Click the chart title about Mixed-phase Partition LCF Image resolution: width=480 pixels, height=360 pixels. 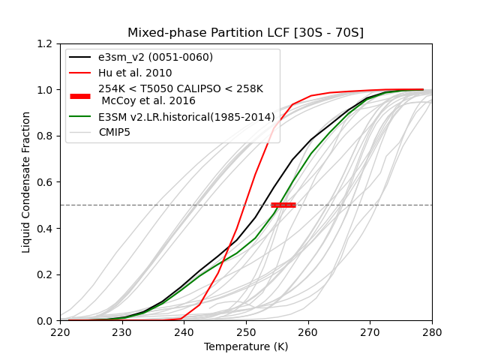[245, 33]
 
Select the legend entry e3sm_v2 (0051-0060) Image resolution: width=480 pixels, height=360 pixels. [155, 58]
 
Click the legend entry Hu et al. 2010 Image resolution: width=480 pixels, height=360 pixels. [135, 73]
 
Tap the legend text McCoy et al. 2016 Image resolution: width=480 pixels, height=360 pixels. [148, 101]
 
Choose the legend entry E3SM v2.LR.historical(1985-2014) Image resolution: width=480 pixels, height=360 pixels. [187, 117]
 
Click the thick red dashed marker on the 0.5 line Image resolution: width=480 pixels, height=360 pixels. [283, 205]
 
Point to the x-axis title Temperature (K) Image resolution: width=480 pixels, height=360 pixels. [245, 347]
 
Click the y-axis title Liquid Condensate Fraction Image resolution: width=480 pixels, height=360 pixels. [27, 182]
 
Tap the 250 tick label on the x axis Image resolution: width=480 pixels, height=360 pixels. [246, 331]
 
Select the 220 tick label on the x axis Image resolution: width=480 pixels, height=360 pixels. [60, 331]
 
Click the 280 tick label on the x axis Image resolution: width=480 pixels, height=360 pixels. [432, 331]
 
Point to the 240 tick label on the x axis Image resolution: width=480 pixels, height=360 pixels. [184, 331]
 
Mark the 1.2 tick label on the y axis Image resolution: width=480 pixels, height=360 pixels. [45, 43]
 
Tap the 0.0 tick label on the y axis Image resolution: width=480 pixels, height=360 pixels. [45, 321]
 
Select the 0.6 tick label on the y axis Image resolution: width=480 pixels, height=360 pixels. [45, 182]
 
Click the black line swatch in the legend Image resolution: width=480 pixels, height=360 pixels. [80, 58]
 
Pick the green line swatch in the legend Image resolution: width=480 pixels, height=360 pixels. [80, 117]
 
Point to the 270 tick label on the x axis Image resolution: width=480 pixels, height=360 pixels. [370, 331]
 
